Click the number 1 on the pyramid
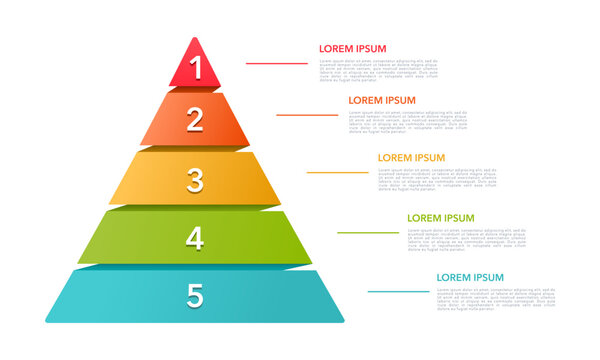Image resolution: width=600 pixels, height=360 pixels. (x=196, y=67)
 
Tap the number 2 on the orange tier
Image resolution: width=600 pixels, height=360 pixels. (x=196, y=120)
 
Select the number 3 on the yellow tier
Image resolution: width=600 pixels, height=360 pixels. (x=196, y=180)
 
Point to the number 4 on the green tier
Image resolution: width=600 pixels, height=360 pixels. (x=196, y=238)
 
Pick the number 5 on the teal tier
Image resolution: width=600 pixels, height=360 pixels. (x=196, y=296)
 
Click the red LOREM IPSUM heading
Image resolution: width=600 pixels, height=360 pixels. (x=352, y=48)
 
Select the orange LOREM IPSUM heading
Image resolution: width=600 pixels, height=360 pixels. (x=382, y=100)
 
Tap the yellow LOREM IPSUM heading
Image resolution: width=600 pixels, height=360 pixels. (x=411, y=157)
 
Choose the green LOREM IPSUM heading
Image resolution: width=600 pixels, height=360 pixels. (x=440, y=217)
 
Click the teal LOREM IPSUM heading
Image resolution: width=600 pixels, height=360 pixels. (x=470, y=277)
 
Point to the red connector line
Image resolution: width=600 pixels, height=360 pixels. (x=277, y=63)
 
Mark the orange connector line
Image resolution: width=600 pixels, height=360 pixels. (x=307, y=114)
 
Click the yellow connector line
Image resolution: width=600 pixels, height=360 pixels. (x=337, y=172)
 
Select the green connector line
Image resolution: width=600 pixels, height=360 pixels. (x=367, y=232)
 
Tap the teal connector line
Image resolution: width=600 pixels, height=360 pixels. (x=398, y=292)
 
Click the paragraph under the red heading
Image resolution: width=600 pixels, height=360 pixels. (x=378, y=69)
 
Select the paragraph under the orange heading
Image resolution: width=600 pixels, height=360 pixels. (x=408, y=121)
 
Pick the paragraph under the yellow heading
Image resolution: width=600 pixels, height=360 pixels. (x=437, y=179)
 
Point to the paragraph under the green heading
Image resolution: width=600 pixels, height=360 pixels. (x=466, y=239)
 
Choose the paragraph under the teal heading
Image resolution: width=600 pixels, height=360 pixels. (x=495, y=298)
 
